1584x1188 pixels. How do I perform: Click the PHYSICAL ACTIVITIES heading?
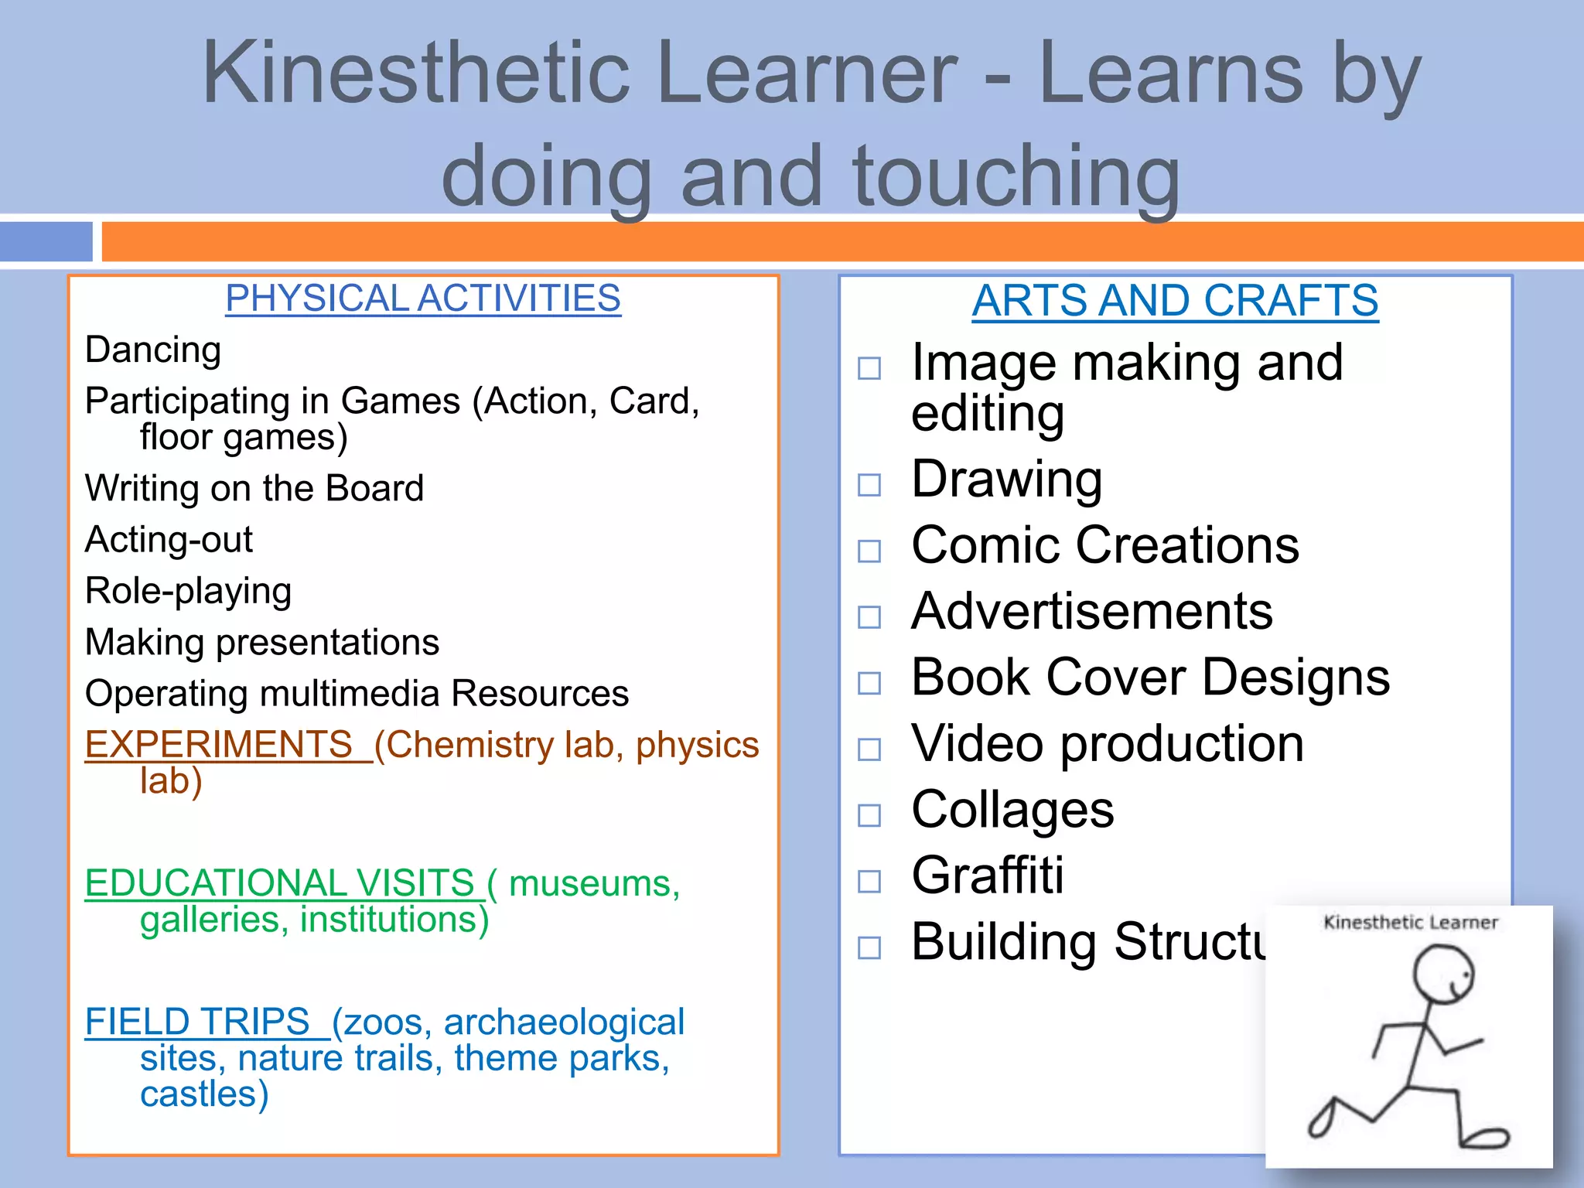click(x=423, y=299)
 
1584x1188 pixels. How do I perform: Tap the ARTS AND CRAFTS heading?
click(x=1175, y=300)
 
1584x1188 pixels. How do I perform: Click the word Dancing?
click(x=153, y=350)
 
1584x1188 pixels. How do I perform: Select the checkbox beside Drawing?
click(x=869, y=485)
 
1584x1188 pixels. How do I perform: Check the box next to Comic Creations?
click(x=869, y=551)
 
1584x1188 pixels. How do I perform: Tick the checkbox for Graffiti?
click(x=869, y=881)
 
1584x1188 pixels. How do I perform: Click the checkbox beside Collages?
click(x=869, y=814)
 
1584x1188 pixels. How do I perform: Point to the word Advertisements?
click(x=1091, y=611)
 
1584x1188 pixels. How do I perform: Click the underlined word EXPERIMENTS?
click(x=219, y=745)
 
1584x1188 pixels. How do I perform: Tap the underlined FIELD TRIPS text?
click(x=198, y=1022)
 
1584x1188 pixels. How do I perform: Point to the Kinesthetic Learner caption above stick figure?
click(x=1411, y=922)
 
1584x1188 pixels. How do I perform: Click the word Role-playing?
click(x=188, y=591)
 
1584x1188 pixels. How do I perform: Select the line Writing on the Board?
click(x=254, y=488)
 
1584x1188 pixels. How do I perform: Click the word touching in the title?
click(x=1016, y=176)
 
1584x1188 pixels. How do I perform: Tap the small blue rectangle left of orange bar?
click(x=46, y=241)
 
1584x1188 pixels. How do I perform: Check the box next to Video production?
click(x=869, y=749)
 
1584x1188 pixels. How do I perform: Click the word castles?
click(x=204, y=1094)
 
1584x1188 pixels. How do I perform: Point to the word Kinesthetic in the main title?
click(x=416, y=73)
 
